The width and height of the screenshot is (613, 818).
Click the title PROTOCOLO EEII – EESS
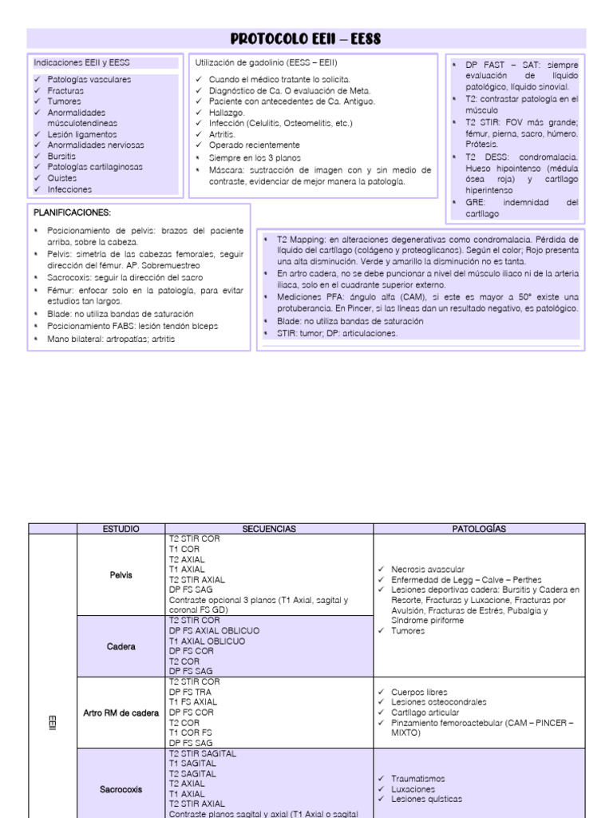point(306,38)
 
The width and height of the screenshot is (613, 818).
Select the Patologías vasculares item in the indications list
point(89,79)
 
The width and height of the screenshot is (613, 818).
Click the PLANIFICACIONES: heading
point(72,212)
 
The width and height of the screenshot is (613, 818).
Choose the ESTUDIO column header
point(121,529)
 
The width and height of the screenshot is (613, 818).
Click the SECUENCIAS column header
point(269,529)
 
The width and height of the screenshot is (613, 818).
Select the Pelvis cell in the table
point(121,574)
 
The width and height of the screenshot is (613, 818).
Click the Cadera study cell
point(121,646)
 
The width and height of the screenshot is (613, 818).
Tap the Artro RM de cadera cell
point(121,713)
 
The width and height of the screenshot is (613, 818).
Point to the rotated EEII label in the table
point(53,727)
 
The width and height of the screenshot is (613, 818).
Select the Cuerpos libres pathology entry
point(420,692)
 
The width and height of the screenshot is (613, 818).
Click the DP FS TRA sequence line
point(192,692)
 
